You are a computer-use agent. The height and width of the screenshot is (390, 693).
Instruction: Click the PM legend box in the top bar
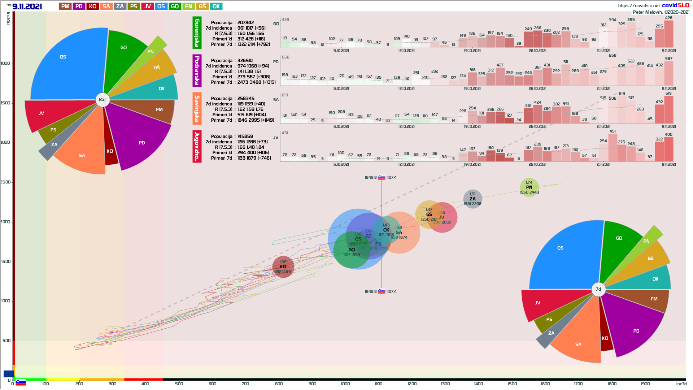coord(65,6)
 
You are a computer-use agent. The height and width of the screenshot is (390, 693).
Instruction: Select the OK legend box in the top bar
coord(216,6)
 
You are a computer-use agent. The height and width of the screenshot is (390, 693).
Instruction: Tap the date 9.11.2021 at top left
coord(27,6)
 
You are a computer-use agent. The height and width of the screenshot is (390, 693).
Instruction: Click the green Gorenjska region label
coord(197,32)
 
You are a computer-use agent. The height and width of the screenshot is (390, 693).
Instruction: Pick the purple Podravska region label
coord(197,70)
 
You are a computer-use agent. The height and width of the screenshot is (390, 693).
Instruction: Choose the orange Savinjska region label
coord(197,108)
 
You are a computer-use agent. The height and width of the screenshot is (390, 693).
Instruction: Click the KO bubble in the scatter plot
coord(283,267)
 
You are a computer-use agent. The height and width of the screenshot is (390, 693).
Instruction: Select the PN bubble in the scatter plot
coord(529,187)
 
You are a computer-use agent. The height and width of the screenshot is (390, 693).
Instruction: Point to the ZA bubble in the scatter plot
coord(472,199)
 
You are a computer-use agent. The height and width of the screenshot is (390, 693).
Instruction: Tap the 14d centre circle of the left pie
coord(102,100)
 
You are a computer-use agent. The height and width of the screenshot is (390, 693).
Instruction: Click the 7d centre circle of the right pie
coord(598,289)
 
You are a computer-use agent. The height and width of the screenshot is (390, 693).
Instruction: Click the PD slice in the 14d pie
coord(141,141)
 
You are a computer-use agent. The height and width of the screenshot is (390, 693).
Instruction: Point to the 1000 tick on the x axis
coord(345,383)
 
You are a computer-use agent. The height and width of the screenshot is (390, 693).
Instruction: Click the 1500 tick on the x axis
coord(512,383)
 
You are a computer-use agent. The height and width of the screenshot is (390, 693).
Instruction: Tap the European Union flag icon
coord(9,374)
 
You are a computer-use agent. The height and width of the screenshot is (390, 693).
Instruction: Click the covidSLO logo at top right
coord(675,5)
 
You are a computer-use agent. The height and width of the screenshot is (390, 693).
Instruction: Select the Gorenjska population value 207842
coord(245,23)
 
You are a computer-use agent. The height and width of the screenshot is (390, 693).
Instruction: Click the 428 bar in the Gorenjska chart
coord(668,34)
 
